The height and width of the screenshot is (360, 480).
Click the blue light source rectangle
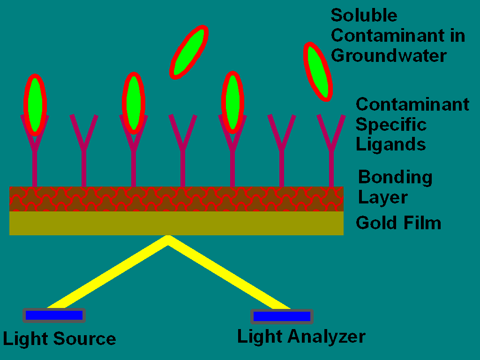[54, 315]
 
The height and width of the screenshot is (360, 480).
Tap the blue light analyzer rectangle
[282, 316]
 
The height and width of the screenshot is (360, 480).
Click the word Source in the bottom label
[84, 339]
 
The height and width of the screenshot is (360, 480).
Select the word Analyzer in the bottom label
[326, 337]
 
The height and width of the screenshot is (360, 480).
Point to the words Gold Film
[398, 223]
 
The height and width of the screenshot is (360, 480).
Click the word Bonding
[395, 178]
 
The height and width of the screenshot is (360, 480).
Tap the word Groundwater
[389, 55]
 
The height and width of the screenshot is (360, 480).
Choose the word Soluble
[364, 15]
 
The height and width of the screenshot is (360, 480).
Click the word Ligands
[390, 144]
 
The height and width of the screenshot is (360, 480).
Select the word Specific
[391, 124]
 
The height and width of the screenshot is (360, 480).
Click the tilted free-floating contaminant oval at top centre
[189, 52]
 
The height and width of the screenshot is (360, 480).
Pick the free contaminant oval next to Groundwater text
[318, 72]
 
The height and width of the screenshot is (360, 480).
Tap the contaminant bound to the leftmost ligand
[35, 105]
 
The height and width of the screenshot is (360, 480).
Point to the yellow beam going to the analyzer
[229, 272]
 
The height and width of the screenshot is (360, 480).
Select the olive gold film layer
[176, 223]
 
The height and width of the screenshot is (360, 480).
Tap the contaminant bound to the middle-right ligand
[232, 103]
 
